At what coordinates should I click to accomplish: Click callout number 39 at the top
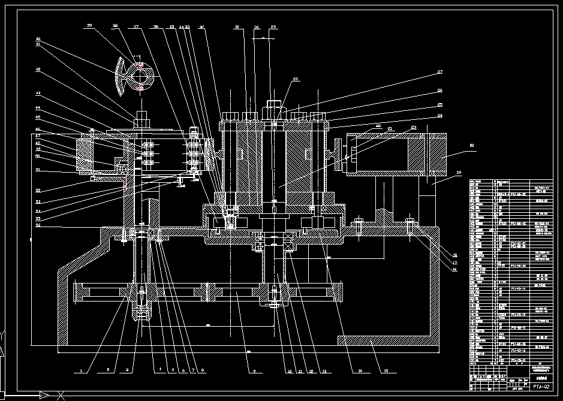[89, 26]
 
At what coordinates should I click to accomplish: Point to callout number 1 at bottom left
[80, 371]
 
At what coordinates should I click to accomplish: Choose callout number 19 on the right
[459, 173]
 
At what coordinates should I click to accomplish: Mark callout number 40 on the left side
[38, 39]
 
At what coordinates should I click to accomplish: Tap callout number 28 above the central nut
[295, 79]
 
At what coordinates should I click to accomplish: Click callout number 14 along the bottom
[360, 371]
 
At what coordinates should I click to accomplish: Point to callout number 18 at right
[454, 255]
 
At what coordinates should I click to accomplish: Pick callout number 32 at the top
[201, 27]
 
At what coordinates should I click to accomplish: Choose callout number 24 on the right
[439, 116]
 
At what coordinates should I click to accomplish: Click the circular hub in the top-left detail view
[140, 76]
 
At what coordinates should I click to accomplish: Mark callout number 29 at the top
[273, 27]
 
